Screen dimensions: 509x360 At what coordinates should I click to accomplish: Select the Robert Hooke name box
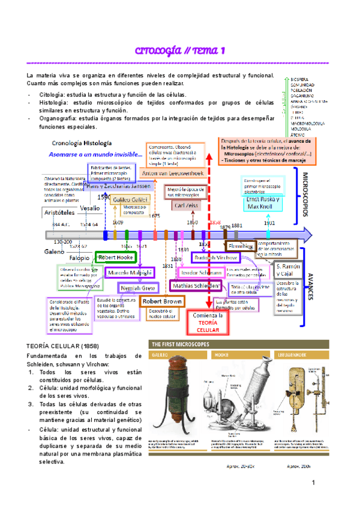pos(116,257)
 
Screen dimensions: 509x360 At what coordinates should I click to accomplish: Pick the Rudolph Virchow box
pos(215,257)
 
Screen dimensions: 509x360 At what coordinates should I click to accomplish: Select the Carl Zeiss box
pos(187,205)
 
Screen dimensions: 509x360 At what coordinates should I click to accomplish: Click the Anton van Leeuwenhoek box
pos(173,173)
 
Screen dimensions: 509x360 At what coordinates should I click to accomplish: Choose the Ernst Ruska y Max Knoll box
pos(259,202)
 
